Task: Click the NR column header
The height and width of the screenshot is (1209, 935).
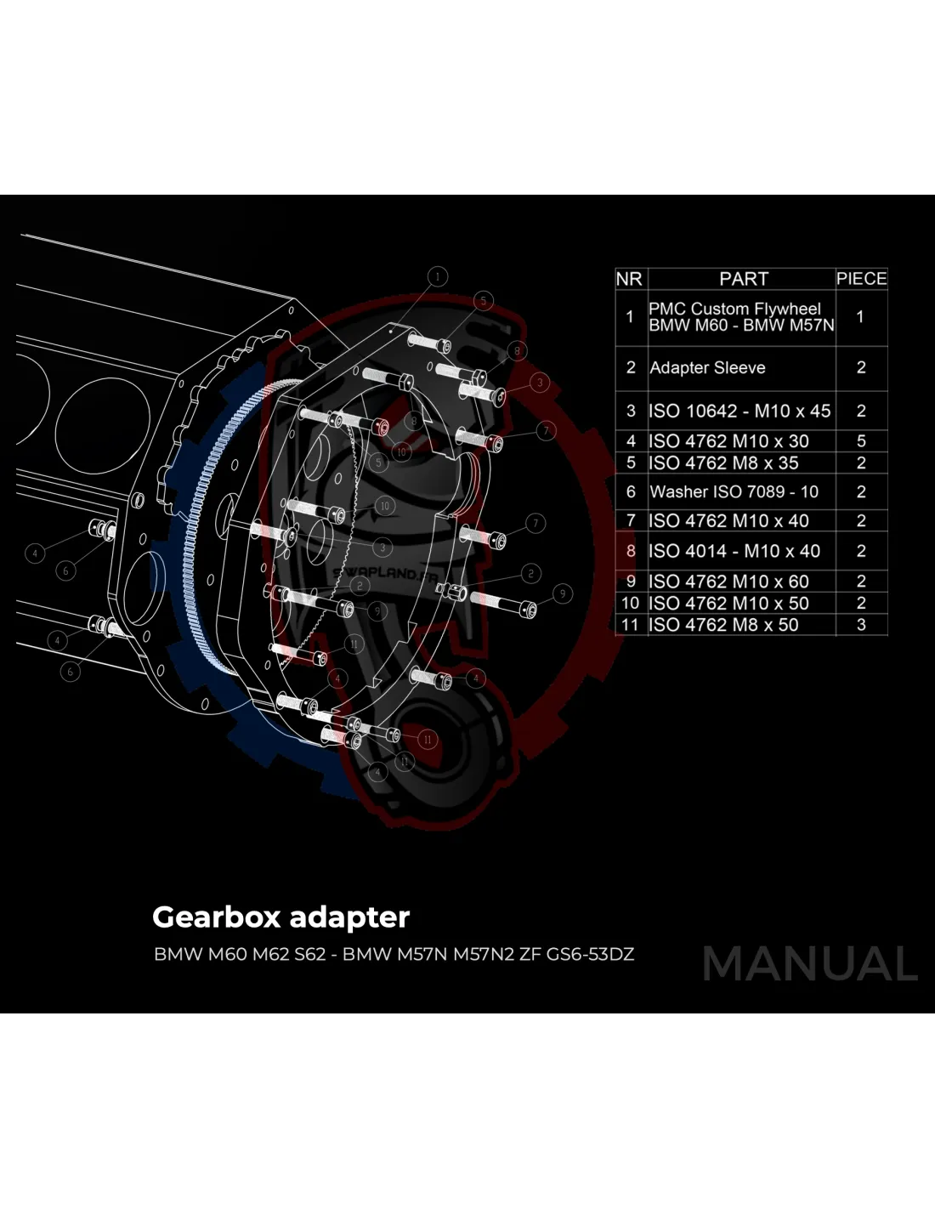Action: [x=629, y=279]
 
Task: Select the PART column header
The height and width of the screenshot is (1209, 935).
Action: [x=743, y=279]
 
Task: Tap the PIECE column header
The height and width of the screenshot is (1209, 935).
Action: [x=861, y=279]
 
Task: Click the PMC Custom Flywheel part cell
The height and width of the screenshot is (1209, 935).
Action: [x=740, y=316]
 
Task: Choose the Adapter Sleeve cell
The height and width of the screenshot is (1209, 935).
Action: [x=707, y=367]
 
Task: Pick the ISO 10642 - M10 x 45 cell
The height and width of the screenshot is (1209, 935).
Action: [x=739, y=411]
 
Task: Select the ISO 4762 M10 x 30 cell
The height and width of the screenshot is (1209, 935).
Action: [x=728, y=441]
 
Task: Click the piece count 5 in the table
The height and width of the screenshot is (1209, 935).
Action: [x=861, y=441]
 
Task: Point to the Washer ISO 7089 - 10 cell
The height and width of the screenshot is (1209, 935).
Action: [x=734, y=491]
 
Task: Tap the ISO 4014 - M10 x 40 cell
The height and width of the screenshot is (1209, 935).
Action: [x=734, y=551]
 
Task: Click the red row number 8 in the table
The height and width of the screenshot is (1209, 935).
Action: [x=631, y=551]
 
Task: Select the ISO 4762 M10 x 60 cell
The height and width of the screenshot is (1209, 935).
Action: [x=728, y=582]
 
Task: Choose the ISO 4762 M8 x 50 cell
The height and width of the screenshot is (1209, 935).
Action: [x=723, y=625]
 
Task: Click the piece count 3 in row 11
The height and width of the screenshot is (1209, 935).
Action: [x=861, y=625]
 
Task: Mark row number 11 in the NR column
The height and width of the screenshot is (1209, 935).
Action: [x=630, y=625]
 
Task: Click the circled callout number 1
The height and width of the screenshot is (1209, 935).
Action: [x=438, y=276]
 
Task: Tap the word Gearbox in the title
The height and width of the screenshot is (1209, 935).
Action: [x=216, y=917]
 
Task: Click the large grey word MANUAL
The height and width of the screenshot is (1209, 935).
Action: [x=810, y=964]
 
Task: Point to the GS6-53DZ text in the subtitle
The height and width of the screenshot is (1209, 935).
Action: [x=590, y=954]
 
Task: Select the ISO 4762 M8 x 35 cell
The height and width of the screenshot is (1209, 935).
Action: [x=723, y=463]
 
